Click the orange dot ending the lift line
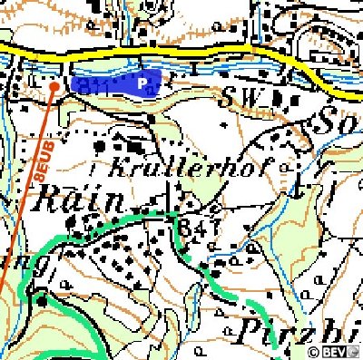54,86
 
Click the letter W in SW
250,95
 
